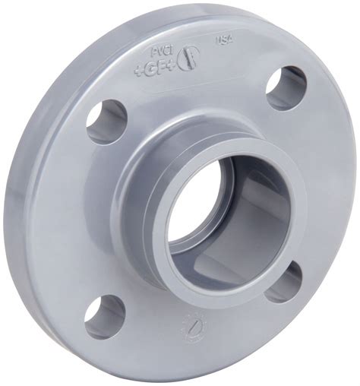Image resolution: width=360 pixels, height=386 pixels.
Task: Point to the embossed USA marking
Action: point(225,40)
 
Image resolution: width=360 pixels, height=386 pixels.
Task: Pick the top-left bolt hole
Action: point(106,121)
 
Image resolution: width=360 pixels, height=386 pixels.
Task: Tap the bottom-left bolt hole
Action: point(104,315)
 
